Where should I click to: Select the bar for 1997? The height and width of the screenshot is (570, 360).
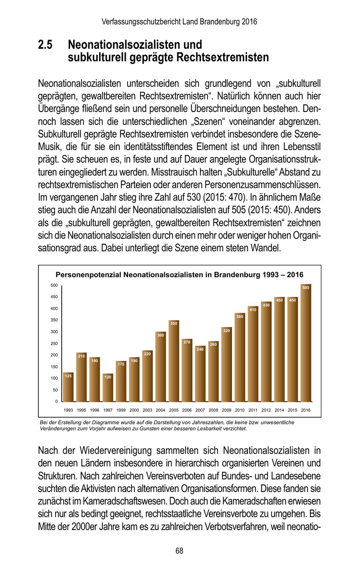[108, 388]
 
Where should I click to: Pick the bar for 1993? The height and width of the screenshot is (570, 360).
[68, 387]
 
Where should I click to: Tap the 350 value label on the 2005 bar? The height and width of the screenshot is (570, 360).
[174, 323]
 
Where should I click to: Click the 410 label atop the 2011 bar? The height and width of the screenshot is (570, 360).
[253, 309]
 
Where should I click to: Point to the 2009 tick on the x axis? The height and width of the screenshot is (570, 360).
[226, 410]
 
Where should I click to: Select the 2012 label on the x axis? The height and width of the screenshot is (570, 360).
[266, 410]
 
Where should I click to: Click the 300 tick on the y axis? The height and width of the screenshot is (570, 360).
[54, 332]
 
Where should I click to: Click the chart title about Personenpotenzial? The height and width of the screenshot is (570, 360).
[179, 275]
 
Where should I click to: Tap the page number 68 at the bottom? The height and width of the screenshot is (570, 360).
[179, 551]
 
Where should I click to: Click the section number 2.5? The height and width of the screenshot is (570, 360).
[46, 44]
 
